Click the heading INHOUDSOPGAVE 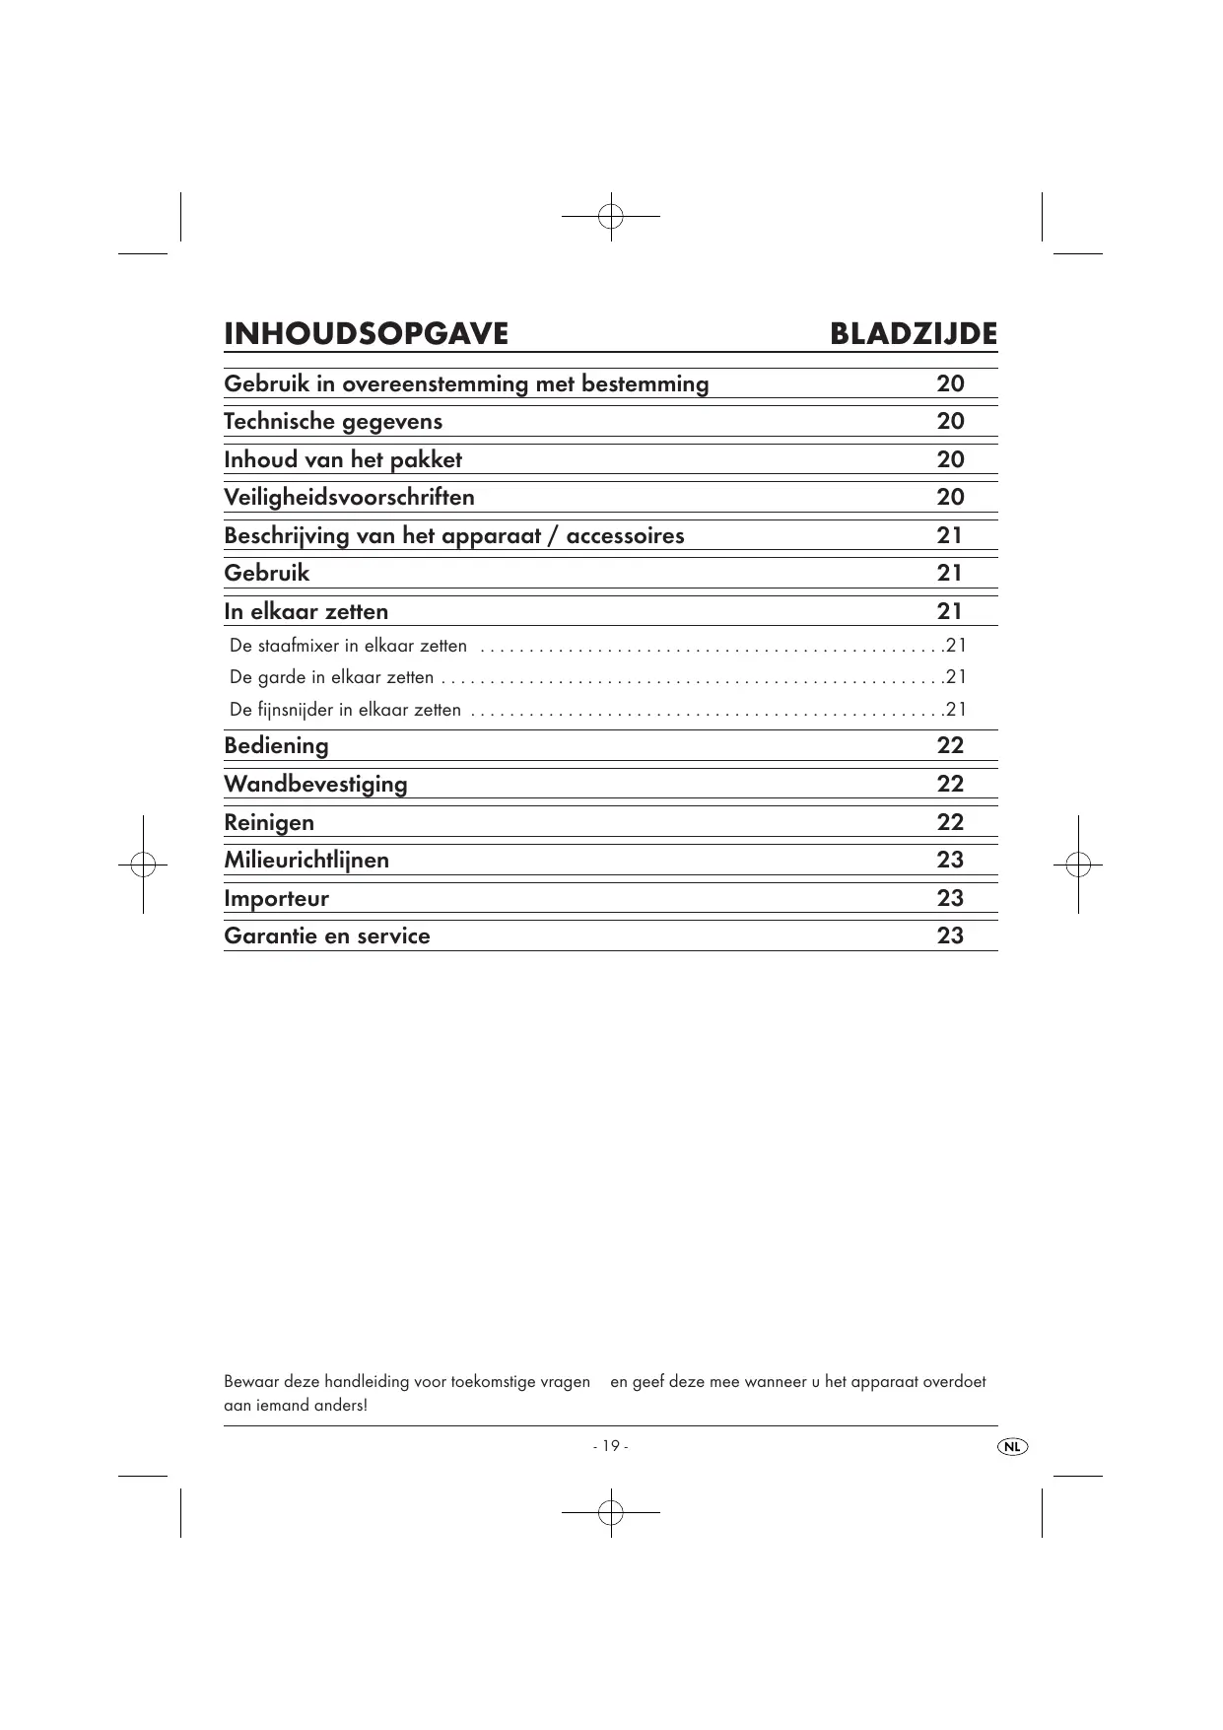[x=366, y=334]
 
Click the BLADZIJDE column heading [x=913, y=334]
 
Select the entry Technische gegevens [x=333, y=422]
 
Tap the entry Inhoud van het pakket [x=343, y=460]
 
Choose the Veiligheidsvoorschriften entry [x=349, y=498]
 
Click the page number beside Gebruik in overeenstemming [x=950, y=384]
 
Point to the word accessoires [x=625, y=536]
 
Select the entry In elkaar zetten [x=306, y=612]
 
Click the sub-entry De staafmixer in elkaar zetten [x=348, y=647]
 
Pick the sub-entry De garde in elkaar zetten [x=331, y=678]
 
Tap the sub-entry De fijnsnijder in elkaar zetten [x=345, y=710]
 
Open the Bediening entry [x=276, y=746]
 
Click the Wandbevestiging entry [x=315, y=785]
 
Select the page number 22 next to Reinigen [x=950, y=823]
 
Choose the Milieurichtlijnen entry [x=306, y=861]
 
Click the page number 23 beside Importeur [x=950, y=899]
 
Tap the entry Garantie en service [x=327, y=936]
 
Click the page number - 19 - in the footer [x=610, y=1446]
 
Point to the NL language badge [x=1012, y=1446]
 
